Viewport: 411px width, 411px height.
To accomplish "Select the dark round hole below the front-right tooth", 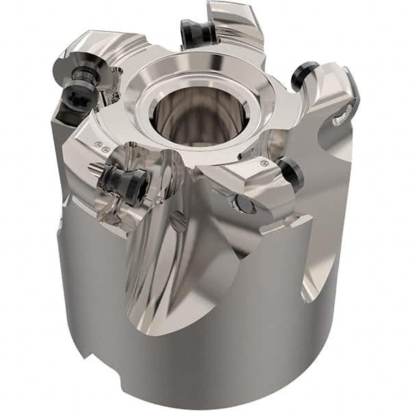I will pos(242,203).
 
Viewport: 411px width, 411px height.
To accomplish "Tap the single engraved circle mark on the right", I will pos(264,163).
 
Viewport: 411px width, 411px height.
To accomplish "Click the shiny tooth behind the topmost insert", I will pos(236,21).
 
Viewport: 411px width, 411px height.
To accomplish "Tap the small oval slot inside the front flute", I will pos(177,221).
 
